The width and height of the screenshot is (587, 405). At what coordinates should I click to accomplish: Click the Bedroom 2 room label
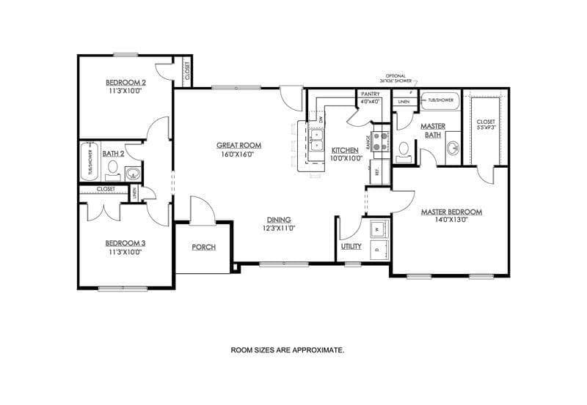coord(125,82)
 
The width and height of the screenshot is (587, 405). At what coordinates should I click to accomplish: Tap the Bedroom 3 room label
coord(123,243)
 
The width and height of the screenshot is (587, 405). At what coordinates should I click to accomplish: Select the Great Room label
coord(238,145)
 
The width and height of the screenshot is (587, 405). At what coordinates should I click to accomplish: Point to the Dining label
coord(279,219)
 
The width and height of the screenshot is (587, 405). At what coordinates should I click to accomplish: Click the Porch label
coord(203,247)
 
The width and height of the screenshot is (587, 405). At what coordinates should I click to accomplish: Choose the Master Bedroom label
coord(451,212)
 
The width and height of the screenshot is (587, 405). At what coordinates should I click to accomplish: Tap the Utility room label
coord(351,246)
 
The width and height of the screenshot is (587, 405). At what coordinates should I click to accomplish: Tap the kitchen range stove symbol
coord(381,141)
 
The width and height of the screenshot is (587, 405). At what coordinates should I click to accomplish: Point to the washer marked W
coord(379,229)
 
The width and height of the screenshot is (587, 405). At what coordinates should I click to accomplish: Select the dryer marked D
coord(379,250)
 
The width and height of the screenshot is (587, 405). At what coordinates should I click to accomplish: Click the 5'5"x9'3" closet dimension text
coord(486,127)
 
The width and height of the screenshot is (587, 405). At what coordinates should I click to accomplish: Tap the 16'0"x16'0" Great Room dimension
coord(238,155)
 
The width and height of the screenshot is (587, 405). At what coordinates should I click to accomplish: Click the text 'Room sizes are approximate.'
coord(288,350)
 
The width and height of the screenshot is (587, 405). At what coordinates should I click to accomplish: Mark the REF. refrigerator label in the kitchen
coord(377,173)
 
